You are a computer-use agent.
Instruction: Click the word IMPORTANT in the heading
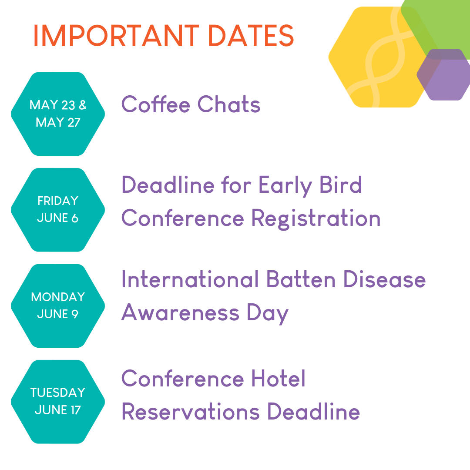tap(116, 36)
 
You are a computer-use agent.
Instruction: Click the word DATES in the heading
tap(251, 36)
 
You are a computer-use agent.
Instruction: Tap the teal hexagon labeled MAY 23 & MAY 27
tap(58, 114)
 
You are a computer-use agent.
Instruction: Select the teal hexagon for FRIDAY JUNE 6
tap(58, 210)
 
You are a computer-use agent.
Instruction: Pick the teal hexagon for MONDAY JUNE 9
tap(58, 306)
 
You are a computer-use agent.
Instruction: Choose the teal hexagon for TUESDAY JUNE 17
tap(58, 402)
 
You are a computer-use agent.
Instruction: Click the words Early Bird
tap(310, 185)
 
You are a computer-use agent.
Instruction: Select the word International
tap(190, 279)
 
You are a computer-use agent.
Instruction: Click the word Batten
tap(301, 279)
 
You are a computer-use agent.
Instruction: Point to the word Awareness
tap(180, 312)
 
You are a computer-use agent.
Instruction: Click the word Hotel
tap(278, 378)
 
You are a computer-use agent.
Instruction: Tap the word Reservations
tap(190, 412)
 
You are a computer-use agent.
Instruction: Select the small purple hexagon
tap(443, 75)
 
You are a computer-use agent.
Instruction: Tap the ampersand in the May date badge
tap(82, 105)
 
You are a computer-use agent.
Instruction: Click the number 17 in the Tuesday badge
tap(76, 410)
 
